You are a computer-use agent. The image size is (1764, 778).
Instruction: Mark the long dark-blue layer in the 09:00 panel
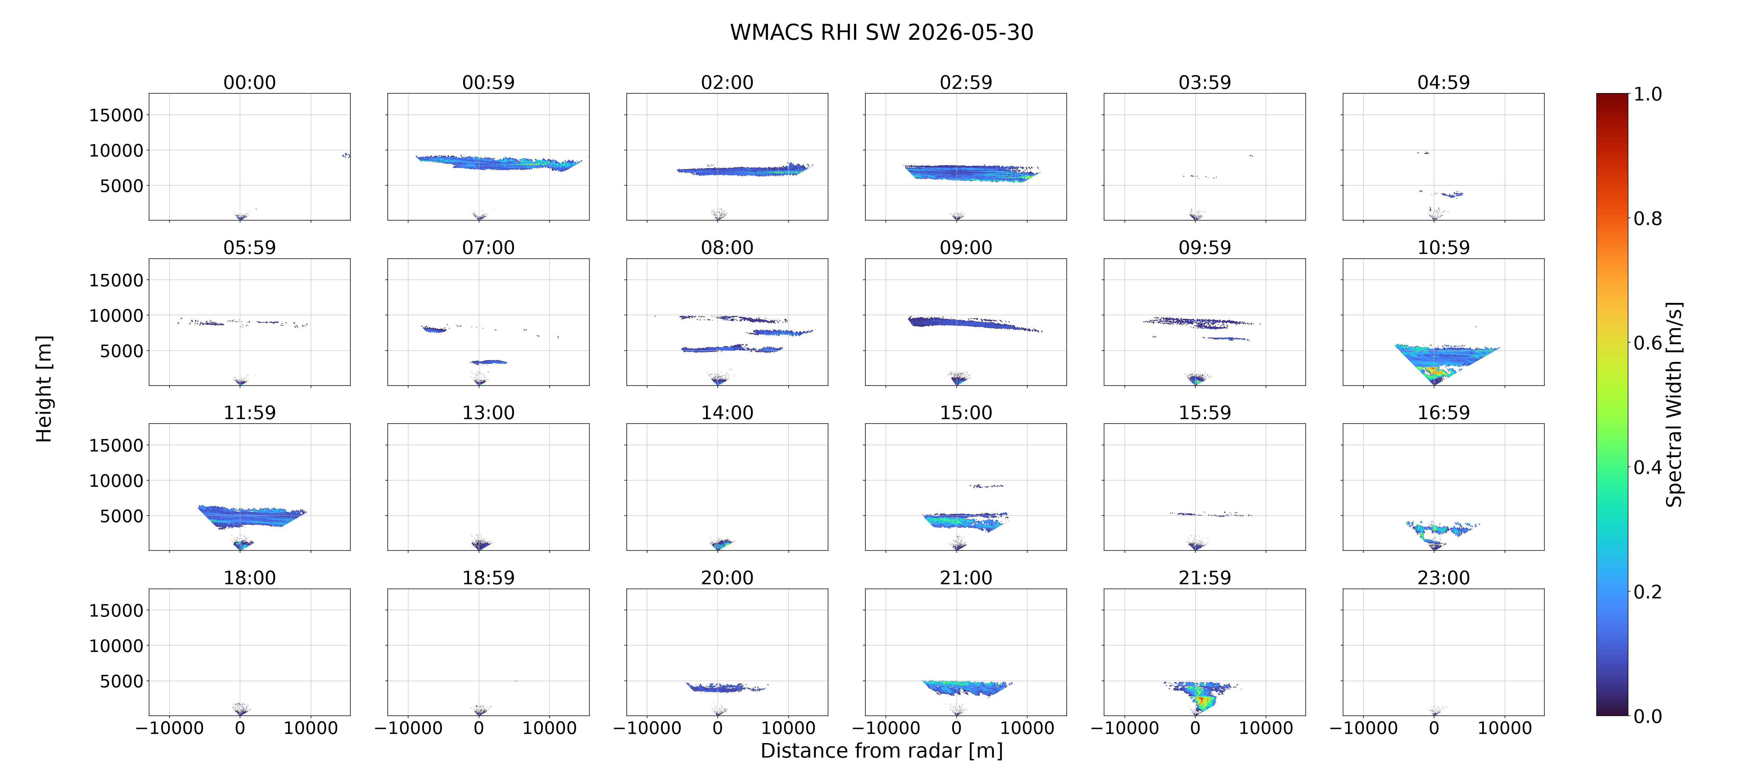point(972,323)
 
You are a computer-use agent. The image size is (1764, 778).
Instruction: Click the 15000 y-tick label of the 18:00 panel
point(117,610)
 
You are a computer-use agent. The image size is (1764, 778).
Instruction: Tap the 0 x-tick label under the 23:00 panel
point(1434,728)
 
